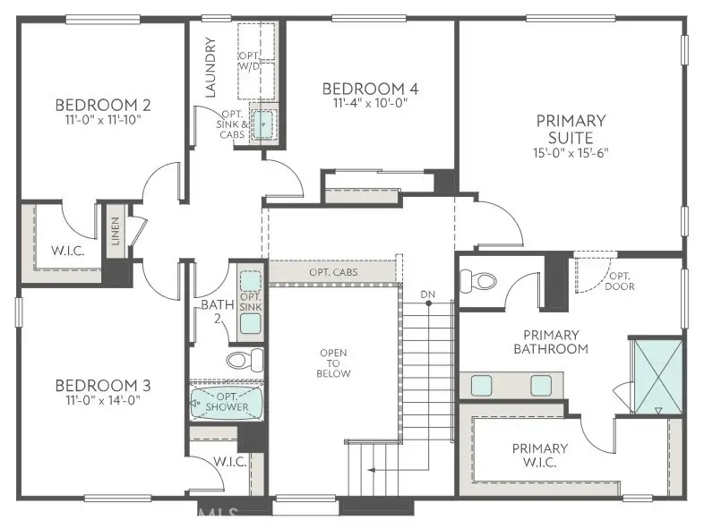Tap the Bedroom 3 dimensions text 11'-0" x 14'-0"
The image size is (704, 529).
click(x=102, y=399)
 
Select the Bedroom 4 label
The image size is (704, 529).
click(x=370, y=89)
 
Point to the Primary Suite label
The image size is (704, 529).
click(x=571, y=128)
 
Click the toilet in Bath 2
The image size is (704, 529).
click(x=243, y=361)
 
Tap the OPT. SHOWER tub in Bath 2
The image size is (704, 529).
click(x=227, y=403)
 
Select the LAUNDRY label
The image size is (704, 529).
click(x=210, y=67)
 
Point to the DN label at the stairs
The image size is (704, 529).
click(x=428, y=294)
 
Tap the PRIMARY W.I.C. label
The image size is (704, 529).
click(x=539, y=455)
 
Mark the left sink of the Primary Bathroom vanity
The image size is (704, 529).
click(x=481, y=386)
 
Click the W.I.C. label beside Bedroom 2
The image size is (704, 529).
click(x=68, y=250)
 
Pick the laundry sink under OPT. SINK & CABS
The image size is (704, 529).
click(x=261, y=126)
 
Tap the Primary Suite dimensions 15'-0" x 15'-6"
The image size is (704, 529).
click(x=571, y=152)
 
